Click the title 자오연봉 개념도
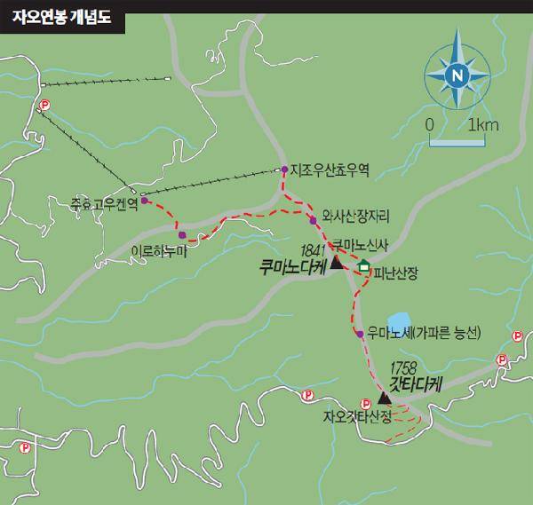click(61, 16)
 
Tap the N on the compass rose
click(456, 75)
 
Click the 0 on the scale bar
click(429, 123)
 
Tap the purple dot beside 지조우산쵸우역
click(284, 169)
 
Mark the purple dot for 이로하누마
click(182, 236)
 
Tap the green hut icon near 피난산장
click(362, 267)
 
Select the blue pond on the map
click(397, 320)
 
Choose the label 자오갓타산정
click(358, 414)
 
